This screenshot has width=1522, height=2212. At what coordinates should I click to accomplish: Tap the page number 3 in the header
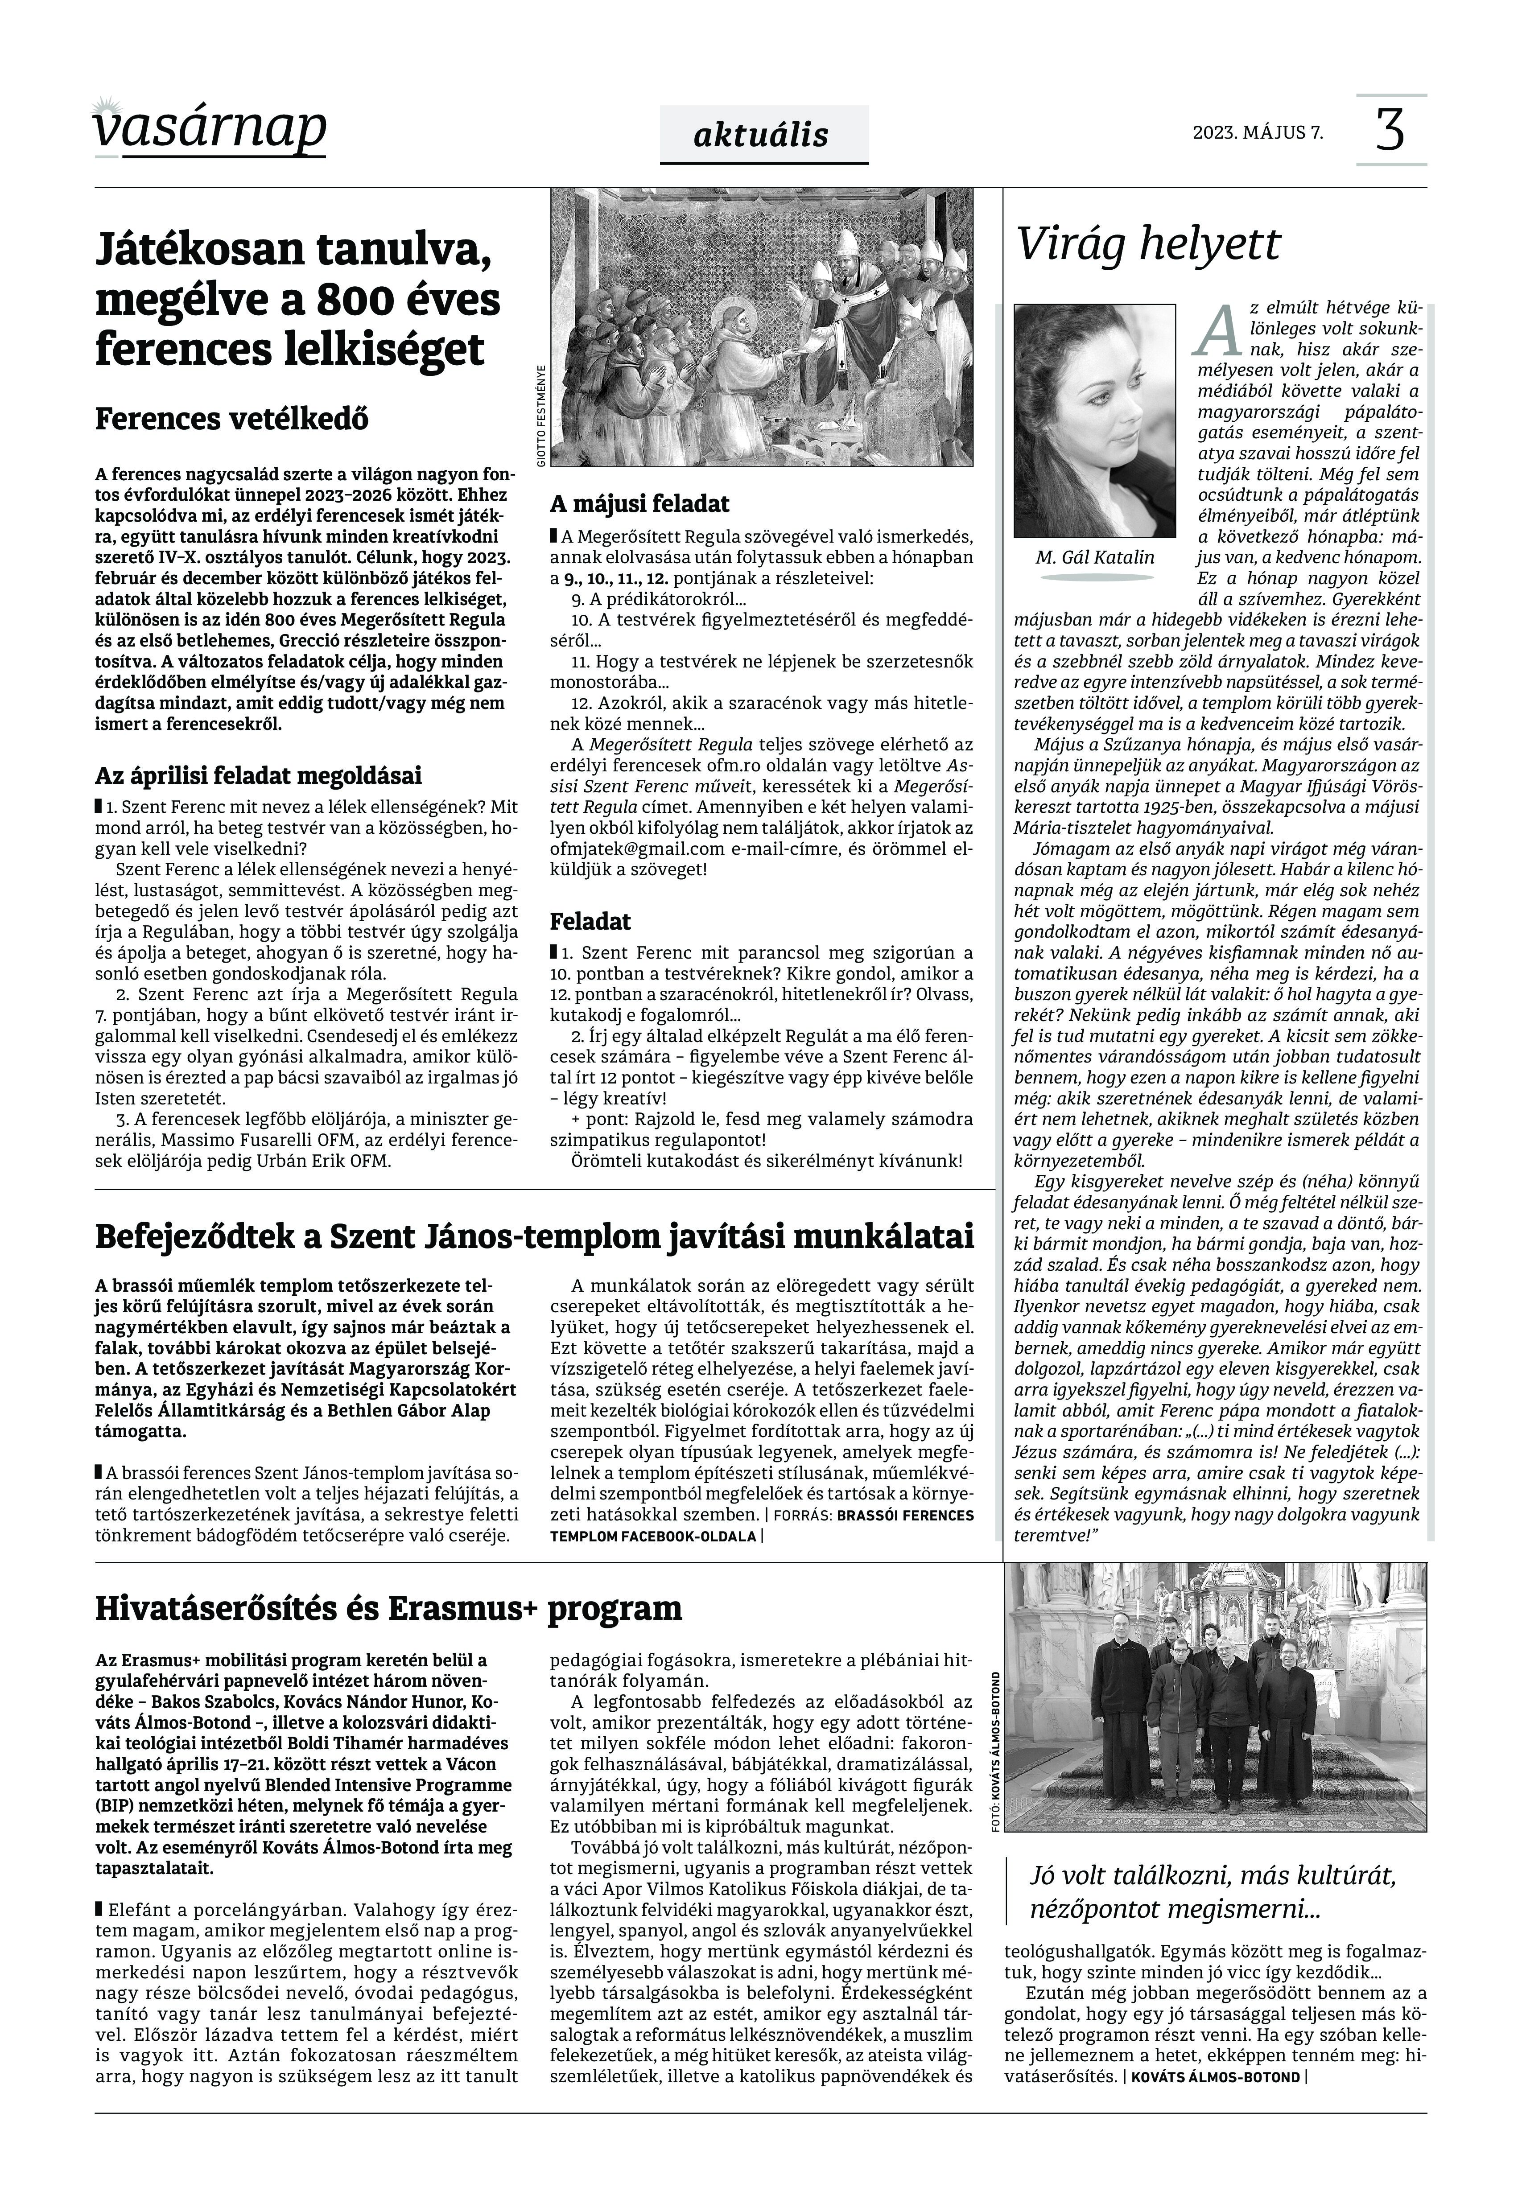(x=1390, y=131)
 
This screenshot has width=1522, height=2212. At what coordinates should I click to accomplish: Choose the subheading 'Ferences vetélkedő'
(x=232, y=419)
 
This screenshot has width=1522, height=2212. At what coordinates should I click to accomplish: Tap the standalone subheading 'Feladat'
(x=590, y=921)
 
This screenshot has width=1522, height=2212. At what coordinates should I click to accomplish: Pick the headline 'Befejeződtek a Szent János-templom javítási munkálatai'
(x=534, y=1236)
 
